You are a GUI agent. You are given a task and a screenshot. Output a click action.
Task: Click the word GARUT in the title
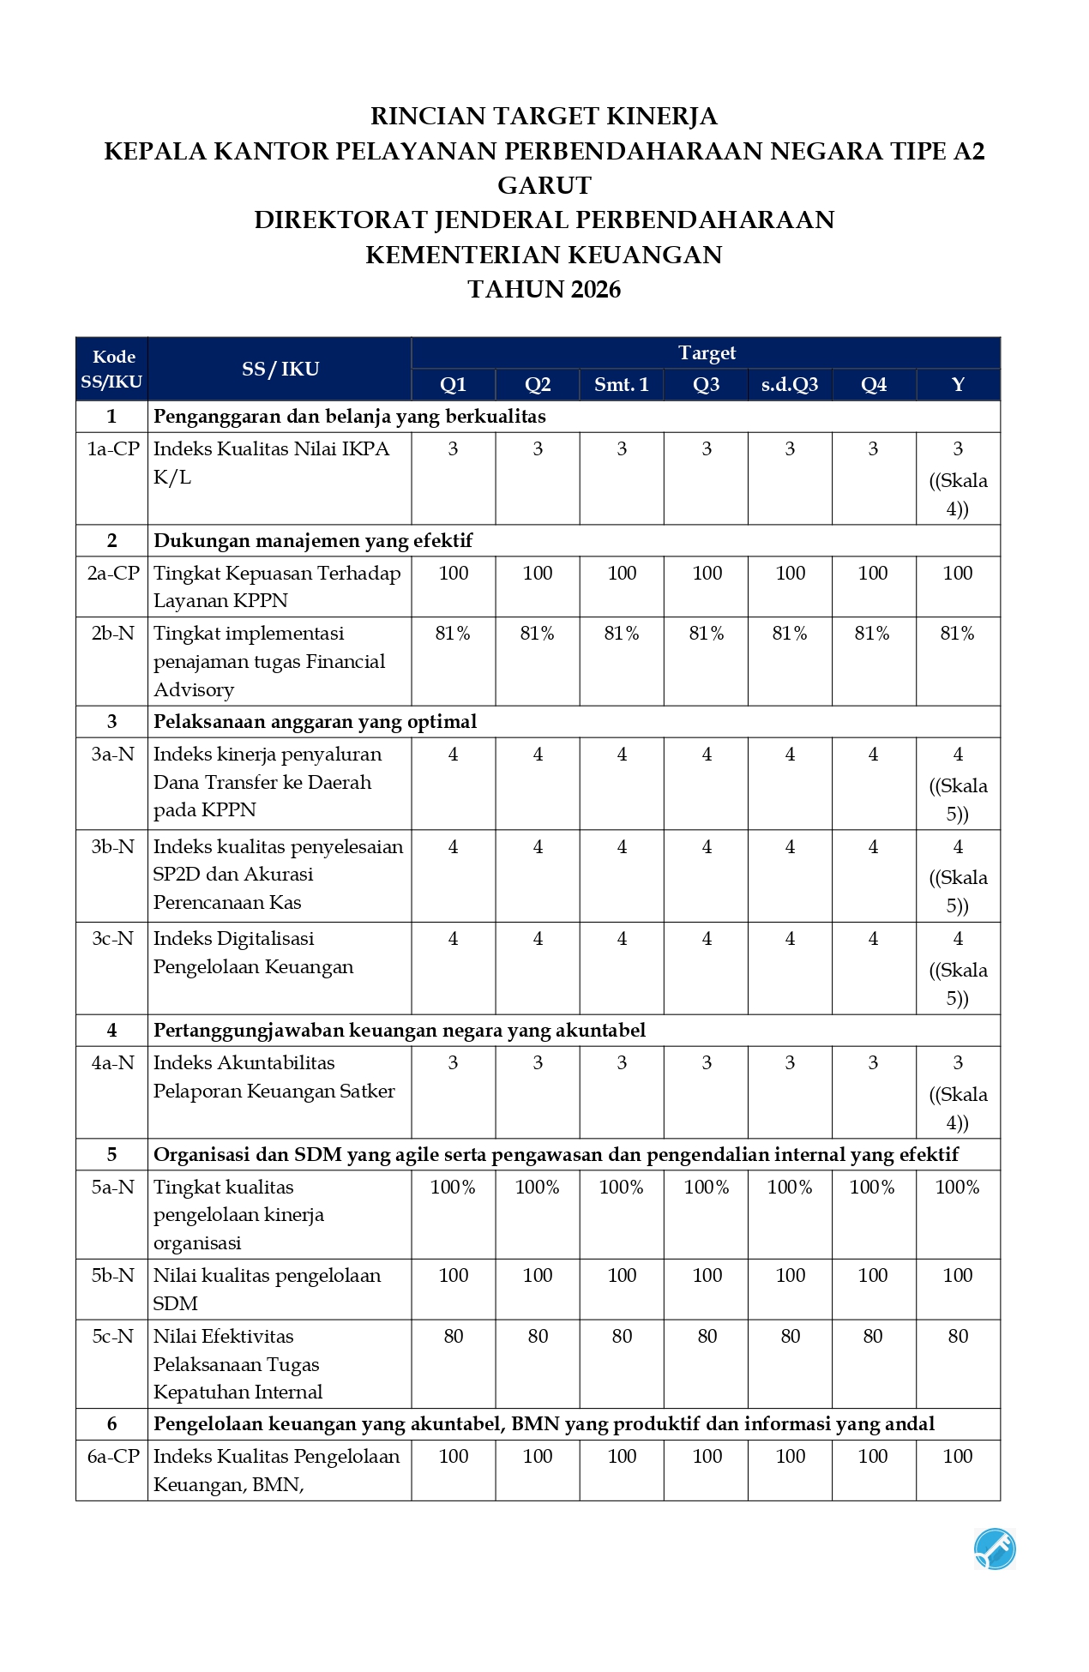pos(544,185)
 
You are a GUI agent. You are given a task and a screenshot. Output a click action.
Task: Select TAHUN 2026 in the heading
pos(544,289)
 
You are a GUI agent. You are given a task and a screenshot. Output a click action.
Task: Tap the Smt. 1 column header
pos(621,384)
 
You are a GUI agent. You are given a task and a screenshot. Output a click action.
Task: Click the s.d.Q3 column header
pos(789,384)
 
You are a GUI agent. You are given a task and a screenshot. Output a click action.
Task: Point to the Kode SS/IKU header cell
pos(111,369)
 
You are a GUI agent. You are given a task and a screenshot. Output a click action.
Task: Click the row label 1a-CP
pos(112,448)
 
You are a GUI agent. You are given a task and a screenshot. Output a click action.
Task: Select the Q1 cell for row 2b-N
pos(453,634)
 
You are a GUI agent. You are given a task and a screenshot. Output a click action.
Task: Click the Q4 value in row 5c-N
pos(873,1336)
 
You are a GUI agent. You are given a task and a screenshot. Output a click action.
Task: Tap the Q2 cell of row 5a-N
pos(537,1187)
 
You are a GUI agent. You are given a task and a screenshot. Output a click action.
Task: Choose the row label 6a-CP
pos(112,1456)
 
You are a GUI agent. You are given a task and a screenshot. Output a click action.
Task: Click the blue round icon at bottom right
pos(995,1549)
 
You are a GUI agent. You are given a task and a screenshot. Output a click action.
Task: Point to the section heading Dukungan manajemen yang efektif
pos(313,540)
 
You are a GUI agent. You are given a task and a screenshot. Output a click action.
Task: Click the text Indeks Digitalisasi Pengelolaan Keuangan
pos(253,953)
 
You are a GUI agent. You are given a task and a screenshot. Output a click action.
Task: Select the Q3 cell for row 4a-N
pos(707,1063)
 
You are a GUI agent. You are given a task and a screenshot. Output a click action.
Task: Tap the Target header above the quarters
pos(707,352)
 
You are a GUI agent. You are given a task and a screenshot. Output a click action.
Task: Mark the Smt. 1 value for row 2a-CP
pos(622,573)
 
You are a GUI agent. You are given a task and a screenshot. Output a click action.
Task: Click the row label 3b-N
pos(112,846)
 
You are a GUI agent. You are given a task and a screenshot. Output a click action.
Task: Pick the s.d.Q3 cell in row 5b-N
pos(790,1275)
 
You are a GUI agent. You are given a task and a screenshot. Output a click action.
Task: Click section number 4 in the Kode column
pos(111,1030)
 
